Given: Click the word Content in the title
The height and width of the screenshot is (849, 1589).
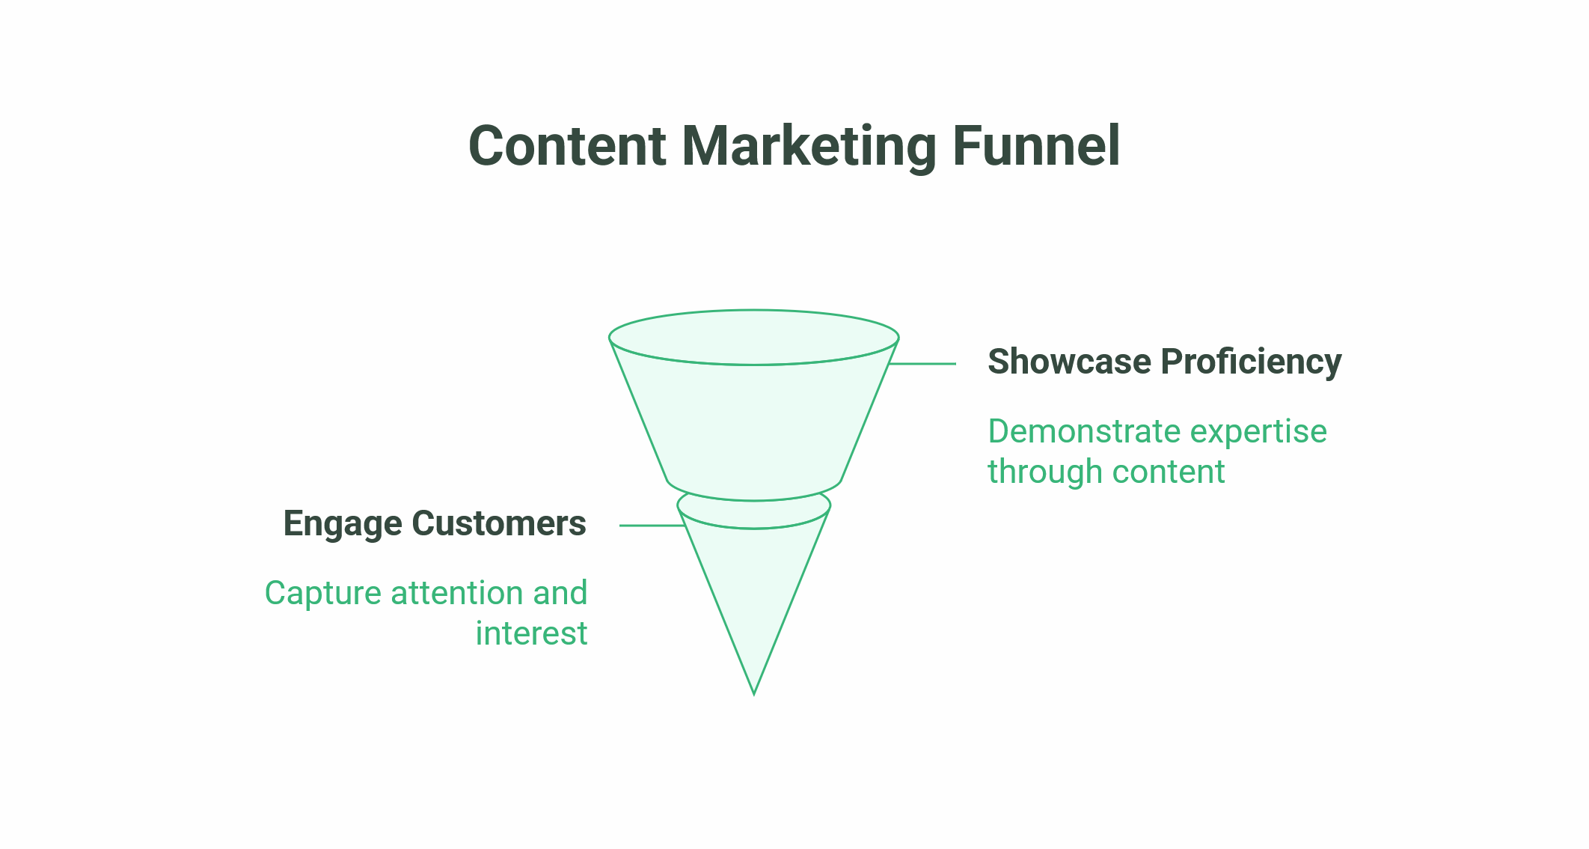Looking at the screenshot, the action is [x=567, y=145].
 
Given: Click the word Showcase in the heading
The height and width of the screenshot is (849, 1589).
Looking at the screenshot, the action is [x=1069, y=361].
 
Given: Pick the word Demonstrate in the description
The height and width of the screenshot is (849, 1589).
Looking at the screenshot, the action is [x=1084, y=431].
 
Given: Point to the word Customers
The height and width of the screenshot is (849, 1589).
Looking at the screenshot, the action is [x=499, y=523].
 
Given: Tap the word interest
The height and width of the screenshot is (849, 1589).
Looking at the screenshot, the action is [x=531, y=634].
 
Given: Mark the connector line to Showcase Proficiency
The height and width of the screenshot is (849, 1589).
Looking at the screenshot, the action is [x=922, y=364].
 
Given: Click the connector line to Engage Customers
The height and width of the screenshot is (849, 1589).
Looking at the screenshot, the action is [x=652, y=526].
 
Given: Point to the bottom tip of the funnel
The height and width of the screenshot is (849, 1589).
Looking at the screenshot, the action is [x=754, y=695].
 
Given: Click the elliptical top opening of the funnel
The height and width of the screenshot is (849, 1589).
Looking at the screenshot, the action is [x=754, y=365].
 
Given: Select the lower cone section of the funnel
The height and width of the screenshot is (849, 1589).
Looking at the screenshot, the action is [x=754, y=591].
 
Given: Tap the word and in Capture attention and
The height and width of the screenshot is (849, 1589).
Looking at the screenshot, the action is [x=560, y=594].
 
